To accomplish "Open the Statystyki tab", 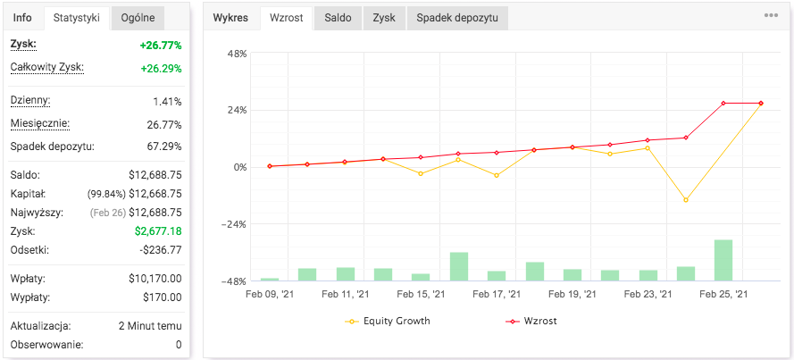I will [x=76, y=18].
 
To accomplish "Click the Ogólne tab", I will [x=138, y=18].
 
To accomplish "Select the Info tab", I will [x=22, y=18].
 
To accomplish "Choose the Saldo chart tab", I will [x=338, y=18].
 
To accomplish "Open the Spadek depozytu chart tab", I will [x=457, y=18].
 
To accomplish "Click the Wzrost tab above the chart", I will [x=286, y=18].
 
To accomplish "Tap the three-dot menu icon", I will [x=771, y=15].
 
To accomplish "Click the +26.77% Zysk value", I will [x=161, y=45].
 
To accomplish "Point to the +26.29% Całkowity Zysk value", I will [x=161, y=68].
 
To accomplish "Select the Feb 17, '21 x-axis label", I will [x=497, y=294].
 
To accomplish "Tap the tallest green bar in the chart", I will [x=723, y=260].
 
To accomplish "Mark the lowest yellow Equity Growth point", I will [x=686, y=200].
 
